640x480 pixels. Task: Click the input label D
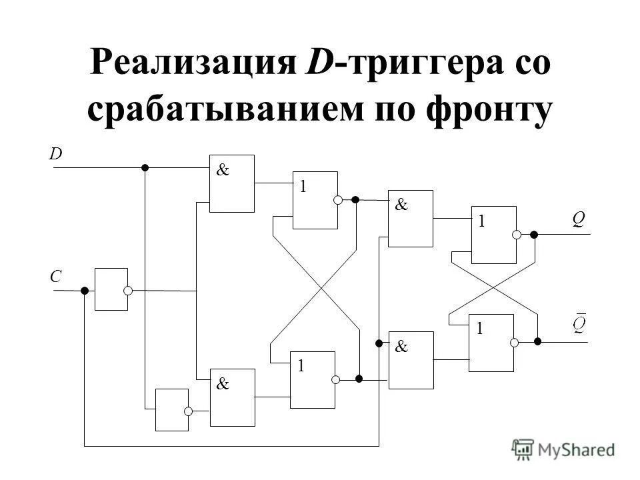click(56, 154)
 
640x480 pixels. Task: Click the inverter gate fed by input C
click(111, 289)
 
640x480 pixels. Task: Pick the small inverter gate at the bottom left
click(171, 409)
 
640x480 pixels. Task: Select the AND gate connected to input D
click(231, 183)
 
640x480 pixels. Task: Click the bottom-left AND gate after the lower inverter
click(232, 397)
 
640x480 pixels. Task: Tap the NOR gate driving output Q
click(493, 235)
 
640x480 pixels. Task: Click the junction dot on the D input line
click(145, 168)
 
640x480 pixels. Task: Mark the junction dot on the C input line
click(85, 291)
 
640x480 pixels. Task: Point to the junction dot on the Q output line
click(534, 235)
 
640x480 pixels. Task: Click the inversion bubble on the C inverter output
click(128, 291)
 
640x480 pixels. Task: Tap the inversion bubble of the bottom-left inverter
click(189, 411)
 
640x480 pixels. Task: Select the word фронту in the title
click(491, 111)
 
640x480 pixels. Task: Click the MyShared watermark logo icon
click(523, 448)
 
